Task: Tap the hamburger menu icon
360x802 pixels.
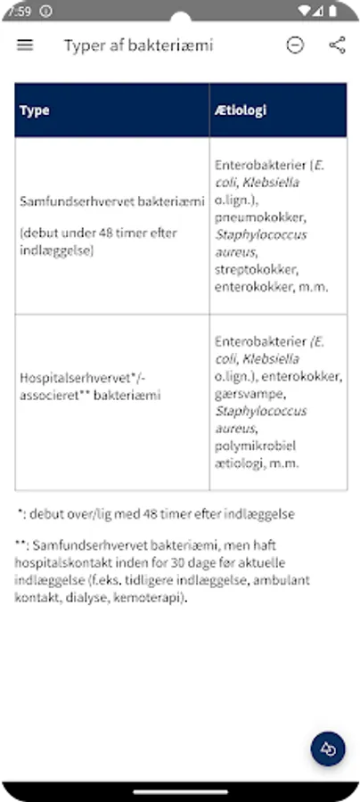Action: (25, 45)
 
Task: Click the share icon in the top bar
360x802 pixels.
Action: (337, 45)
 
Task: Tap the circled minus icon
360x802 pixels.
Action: (295, 45)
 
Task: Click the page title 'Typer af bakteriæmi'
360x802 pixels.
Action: (138, 45)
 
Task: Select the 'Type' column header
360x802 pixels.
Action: (35, 110)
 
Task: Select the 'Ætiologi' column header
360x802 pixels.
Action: (241, 110)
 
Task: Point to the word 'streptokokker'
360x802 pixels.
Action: (257, 269)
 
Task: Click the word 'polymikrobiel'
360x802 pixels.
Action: (255, 446)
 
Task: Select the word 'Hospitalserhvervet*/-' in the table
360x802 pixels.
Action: (81, 377)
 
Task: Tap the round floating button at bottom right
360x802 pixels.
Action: (328, 749)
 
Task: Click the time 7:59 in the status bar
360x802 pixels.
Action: (19, 11)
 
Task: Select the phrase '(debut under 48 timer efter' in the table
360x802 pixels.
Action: (98, 233)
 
